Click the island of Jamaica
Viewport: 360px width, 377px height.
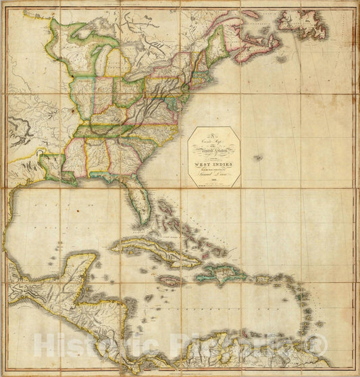(169, 280)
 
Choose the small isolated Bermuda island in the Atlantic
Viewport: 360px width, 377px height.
(257, 158)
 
